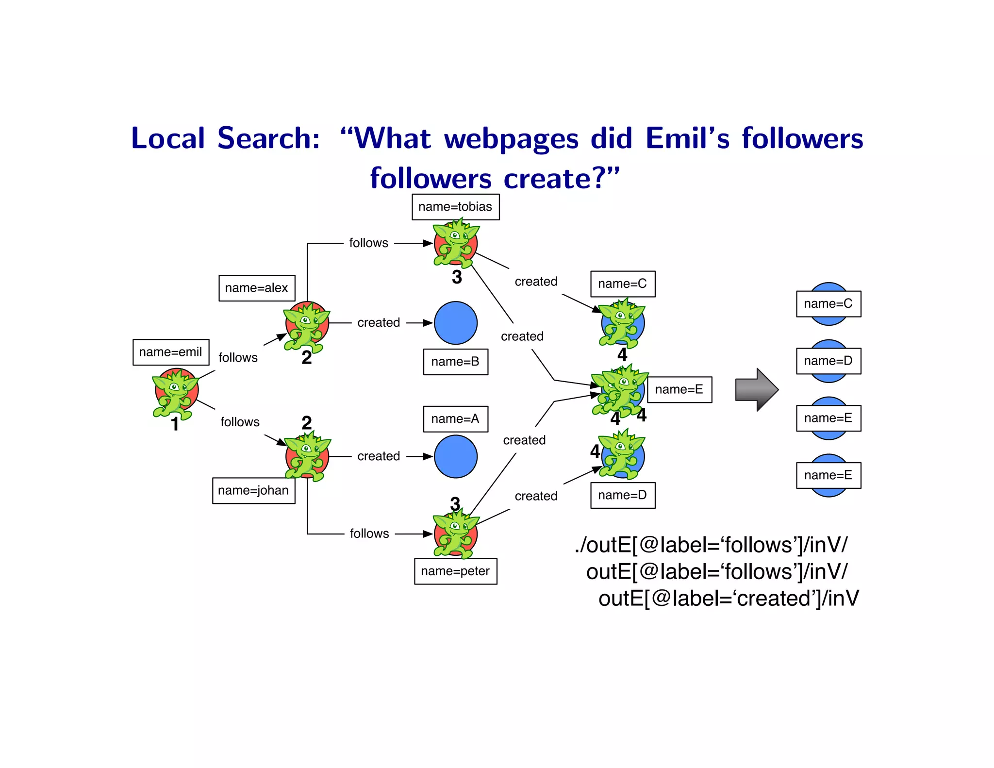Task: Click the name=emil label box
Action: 171,352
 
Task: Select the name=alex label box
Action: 257,288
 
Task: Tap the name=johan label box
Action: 253,490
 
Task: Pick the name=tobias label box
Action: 455,207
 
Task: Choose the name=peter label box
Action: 455,571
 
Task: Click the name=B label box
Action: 455,362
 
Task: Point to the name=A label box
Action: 455,419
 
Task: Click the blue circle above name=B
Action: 455,323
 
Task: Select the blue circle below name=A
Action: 455,456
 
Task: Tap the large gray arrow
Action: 756,389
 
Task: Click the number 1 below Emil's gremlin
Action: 175,424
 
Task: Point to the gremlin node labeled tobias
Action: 455,243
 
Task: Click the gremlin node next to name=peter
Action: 455,534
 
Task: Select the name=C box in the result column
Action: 828,304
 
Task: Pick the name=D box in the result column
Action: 828,361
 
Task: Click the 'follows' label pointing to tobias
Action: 369,243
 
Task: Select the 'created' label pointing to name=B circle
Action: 379,323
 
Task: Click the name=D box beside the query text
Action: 622,495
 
